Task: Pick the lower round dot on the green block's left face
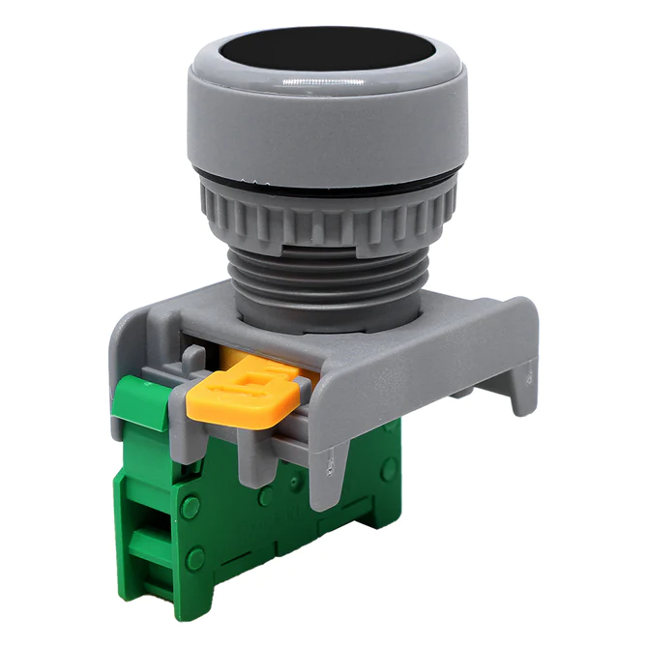(x=195, y=558)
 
